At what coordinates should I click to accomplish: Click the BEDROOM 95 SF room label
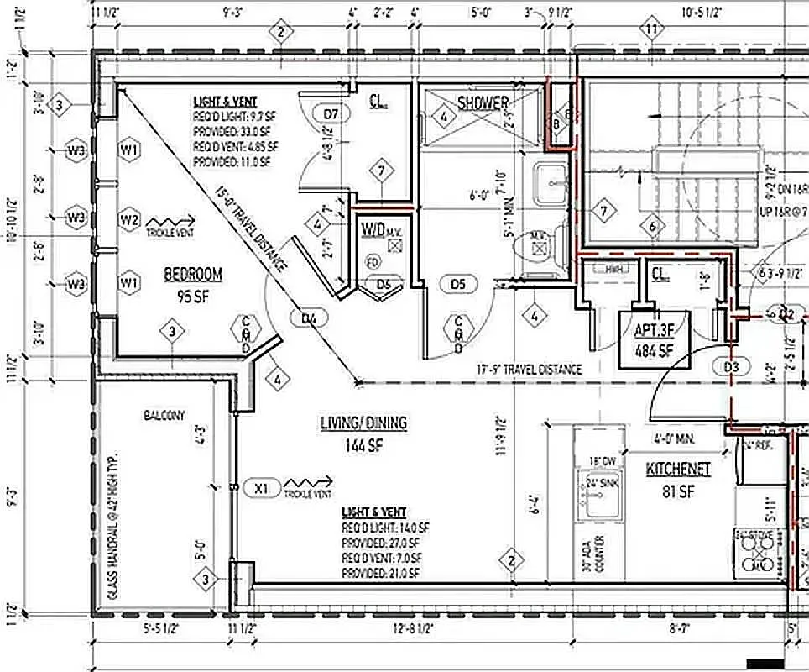pos(193,283)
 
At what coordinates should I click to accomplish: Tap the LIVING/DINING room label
pos(363,432)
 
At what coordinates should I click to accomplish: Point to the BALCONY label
pos(164,415)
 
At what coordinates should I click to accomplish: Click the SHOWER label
pos(483,103)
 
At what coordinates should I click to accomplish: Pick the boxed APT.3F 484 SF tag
pos(654,339)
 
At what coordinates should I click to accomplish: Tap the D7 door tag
pos(330,113)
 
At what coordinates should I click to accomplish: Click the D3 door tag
pos(731,366)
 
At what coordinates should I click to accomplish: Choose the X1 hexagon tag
pos(261,487)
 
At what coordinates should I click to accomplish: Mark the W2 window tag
pos(128,219)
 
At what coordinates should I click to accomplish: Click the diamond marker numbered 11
pos(651,30)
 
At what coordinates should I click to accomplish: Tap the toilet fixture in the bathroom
pos(539,246)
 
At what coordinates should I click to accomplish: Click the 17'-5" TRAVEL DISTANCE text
pos(529,369)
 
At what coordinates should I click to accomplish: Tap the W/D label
pos(375,229)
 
